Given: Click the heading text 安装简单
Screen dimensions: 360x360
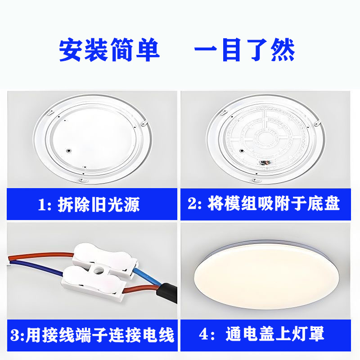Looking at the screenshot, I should pyautogui.click(x=109, y=50).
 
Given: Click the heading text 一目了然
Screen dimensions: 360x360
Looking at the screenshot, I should pyautogui.click(x=244, y=50).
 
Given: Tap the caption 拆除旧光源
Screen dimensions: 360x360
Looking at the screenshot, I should pyautogui.click(x=99, y=205).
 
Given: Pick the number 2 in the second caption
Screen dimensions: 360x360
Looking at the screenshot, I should pyautogui.click(x=193, y=204).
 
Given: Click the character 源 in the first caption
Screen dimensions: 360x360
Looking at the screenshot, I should pyautogui.click(x=131, y=205).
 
